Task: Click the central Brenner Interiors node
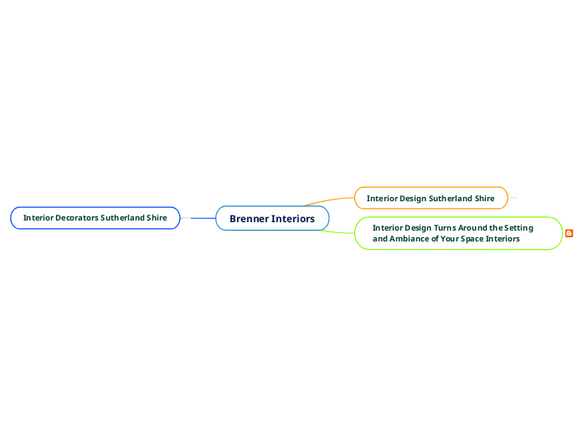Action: click(x=272, y=218)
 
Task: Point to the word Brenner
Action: click(x=249, y=219)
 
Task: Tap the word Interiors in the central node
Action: click(x=292, y=219)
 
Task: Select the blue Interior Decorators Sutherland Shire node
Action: click(x=95, y=218)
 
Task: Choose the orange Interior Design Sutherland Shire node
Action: click(x=431, y=198)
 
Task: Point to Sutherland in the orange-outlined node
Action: click(x=451, y=199)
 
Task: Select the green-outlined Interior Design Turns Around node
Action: click(x=457, y=233)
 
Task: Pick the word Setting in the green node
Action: click(x=518, y=227)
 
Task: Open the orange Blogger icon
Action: click(x=570, y=233)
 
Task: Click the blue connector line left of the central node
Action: click(x=203, y=218)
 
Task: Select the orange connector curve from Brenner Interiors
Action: click(x=331, y=200)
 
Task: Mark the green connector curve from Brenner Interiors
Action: click(x=339, y=231)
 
